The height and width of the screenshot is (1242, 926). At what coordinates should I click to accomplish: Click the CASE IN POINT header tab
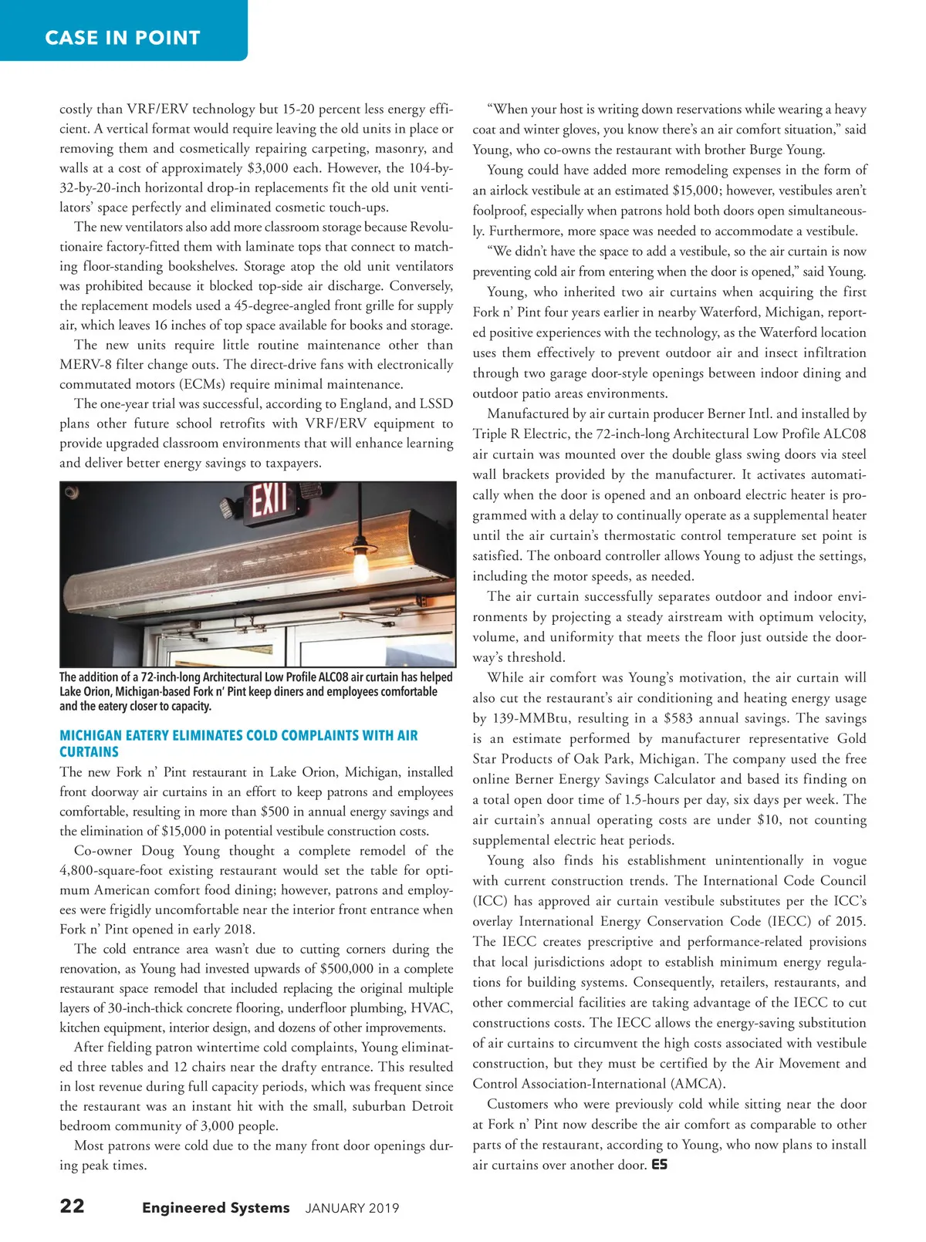click(123, 37)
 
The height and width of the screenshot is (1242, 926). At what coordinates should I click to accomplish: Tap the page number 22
click(73, 1206)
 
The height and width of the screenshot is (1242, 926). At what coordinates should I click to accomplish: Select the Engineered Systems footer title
click(215, 1207)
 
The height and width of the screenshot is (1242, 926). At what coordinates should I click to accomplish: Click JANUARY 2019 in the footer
click(352, 1208)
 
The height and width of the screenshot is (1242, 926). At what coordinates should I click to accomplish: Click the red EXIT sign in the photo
click(265, 501)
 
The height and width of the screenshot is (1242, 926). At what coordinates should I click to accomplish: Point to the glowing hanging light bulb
click(360, 565)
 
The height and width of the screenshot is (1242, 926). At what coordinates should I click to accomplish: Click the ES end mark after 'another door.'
click(659, 1164)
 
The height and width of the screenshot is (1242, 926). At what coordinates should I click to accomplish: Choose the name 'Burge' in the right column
click(766, 150)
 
